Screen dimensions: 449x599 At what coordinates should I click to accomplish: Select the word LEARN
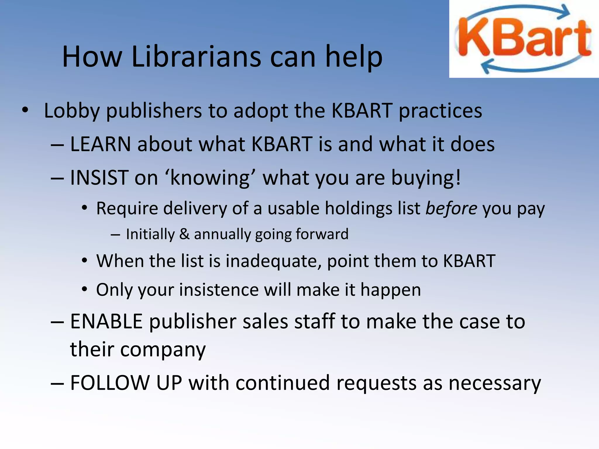click(100, 144)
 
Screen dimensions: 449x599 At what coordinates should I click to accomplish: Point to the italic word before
click(451, 208)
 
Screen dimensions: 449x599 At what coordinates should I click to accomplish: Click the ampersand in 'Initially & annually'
click(184, 234)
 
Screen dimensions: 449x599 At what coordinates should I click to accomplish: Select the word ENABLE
click(106, 321)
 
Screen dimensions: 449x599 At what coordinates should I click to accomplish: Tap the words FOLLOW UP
click(126, 383)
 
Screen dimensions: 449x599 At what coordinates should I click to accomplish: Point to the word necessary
click(495, 383)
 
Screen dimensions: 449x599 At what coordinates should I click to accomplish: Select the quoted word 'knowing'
click(210, 177)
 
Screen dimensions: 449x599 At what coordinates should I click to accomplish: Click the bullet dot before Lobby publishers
click(25, 110)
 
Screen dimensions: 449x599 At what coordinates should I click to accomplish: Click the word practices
click(440, 111)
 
